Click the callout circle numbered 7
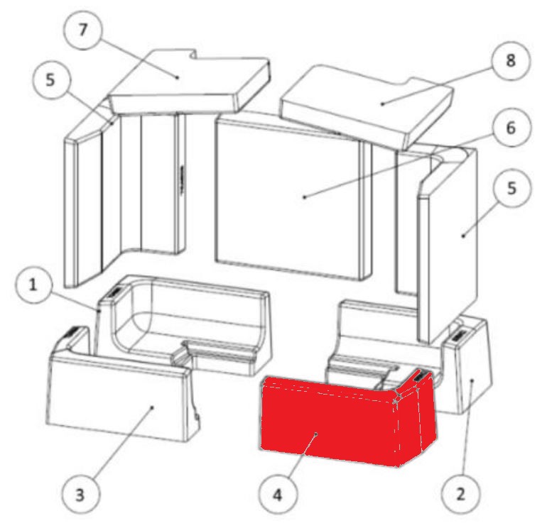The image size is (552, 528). [82, 30]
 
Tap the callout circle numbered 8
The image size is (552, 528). [511, 60]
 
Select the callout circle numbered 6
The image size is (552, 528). [511, 128]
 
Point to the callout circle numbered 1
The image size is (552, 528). [33, 285]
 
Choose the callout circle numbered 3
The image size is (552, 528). [80, 495]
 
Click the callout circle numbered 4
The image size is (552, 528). [278, 495]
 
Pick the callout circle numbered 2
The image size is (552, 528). [461, 494]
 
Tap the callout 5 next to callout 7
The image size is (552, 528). [50, 81]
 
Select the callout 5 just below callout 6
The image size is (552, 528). [512, 189]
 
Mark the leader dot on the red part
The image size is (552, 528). [316, 434]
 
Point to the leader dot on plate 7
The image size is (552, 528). [177, 77]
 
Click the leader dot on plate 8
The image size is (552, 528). [382, 104]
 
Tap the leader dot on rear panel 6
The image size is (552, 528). [305, 197]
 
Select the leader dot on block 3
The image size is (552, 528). [152, 407]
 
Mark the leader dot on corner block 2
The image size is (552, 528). [472, 380]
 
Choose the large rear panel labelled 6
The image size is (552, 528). [292, 197]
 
